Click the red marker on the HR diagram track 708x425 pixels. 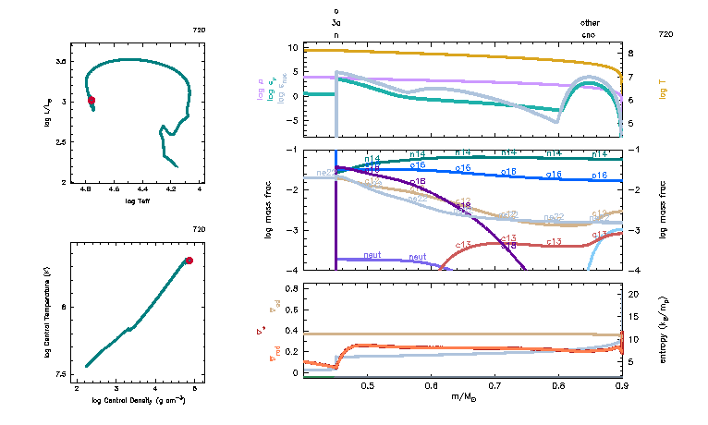pos(92,100)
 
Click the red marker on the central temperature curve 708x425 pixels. pos(189,261)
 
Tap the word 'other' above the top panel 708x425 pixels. pos(590,22)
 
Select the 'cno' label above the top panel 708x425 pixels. pos(589,34)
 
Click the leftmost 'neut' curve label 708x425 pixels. pos(372,255)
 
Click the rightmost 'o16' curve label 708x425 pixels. pos(599,175)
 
